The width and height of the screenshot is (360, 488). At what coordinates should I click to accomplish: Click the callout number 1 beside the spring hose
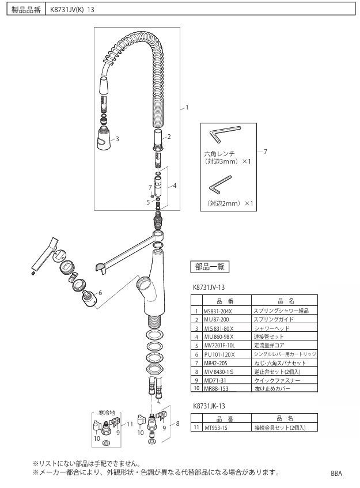point(187,107)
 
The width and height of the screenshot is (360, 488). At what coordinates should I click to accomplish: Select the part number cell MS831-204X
point(217,310)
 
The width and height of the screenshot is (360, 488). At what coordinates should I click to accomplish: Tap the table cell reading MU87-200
point(216,319)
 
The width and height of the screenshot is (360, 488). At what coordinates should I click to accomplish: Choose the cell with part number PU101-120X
point(218,354)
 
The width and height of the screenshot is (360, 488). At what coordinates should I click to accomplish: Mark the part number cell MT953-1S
point(217,428)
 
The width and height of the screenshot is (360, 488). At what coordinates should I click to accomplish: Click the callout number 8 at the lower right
point(177,423)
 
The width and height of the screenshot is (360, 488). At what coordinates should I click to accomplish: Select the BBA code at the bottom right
point(337,473)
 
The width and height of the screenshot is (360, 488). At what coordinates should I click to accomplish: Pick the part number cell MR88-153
point(216,389)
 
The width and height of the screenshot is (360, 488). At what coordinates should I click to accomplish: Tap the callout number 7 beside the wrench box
point(265,152)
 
